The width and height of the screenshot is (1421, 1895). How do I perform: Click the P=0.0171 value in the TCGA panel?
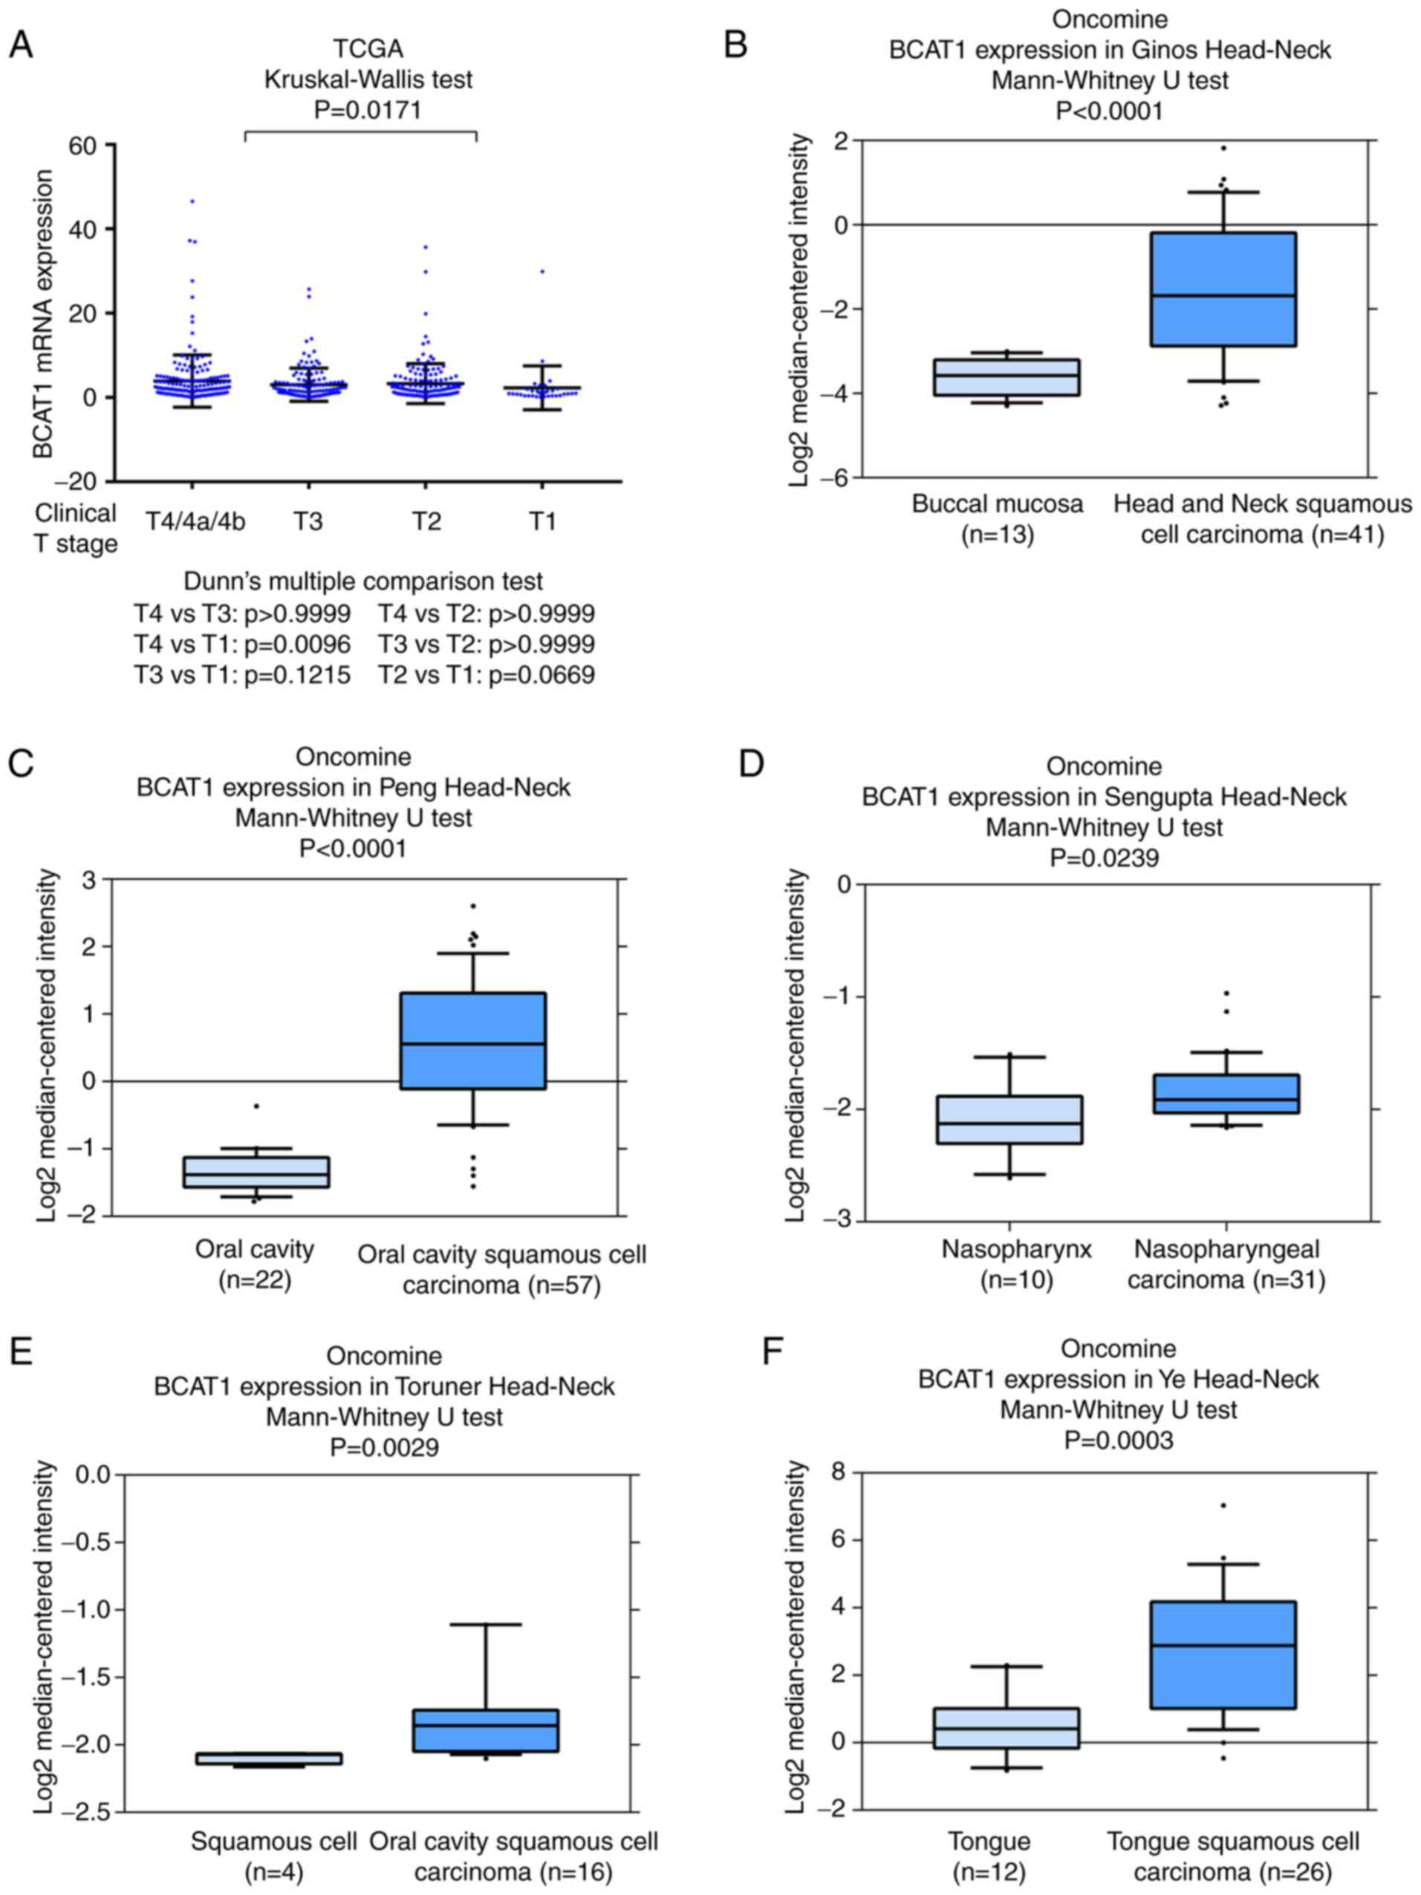tap(368, 110)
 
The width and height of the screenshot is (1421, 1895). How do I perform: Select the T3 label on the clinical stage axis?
tap(308, 521)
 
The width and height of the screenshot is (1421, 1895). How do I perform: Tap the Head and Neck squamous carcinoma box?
tap(1223, 289)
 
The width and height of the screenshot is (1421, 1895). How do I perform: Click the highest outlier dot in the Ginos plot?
tap(1223, 149)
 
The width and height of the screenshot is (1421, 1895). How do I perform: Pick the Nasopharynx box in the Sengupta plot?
tap(1009, 1120)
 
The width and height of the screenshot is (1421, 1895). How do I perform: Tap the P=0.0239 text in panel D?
tap(1104, 858)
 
